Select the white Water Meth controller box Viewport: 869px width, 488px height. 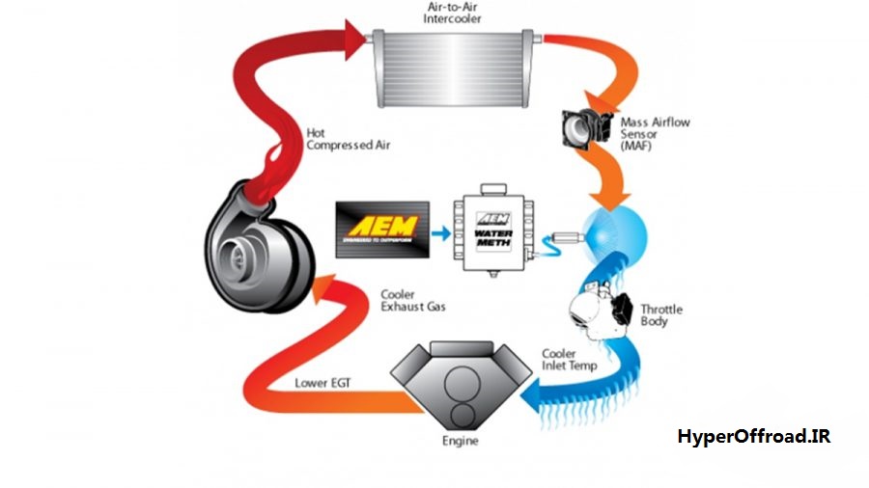pos(492,231)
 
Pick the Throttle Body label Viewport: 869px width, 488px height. pos(661,314)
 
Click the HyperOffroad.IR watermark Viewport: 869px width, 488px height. pos(753,437)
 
